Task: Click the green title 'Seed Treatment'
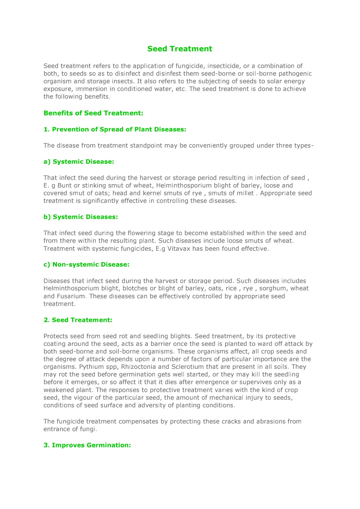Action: pos(180,49)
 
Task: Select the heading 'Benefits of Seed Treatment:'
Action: pos(93,113)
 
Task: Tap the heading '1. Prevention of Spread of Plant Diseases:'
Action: pos(115,129)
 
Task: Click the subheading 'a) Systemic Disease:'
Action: pos(78,162)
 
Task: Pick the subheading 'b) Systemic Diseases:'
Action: pos(80,217)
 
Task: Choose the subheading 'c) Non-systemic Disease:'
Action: pos(86,265)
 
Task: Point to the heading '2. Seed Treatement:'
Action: pos(78,320)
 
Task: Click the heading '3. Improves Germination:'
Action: pos(87,445)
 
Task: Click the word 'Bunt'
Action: pos(65,186)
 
